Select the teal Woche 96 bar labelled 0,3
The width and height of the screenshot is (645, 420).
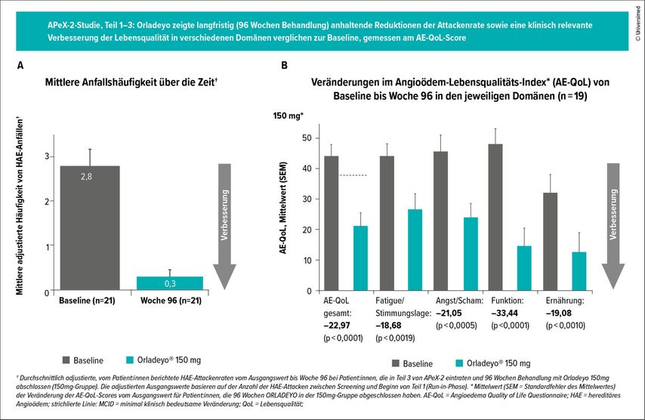[x=169, y=283]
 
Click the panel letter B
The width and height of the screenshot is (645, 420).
[x=284, y=66]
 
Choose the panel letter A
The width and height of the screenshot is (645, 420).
[x=20, y=66]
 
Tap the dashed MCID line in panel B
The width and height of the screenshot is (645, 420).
[x=353, y=175]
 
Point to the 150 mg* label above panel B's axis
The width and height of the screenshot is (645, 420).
[x=288, y=116]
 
